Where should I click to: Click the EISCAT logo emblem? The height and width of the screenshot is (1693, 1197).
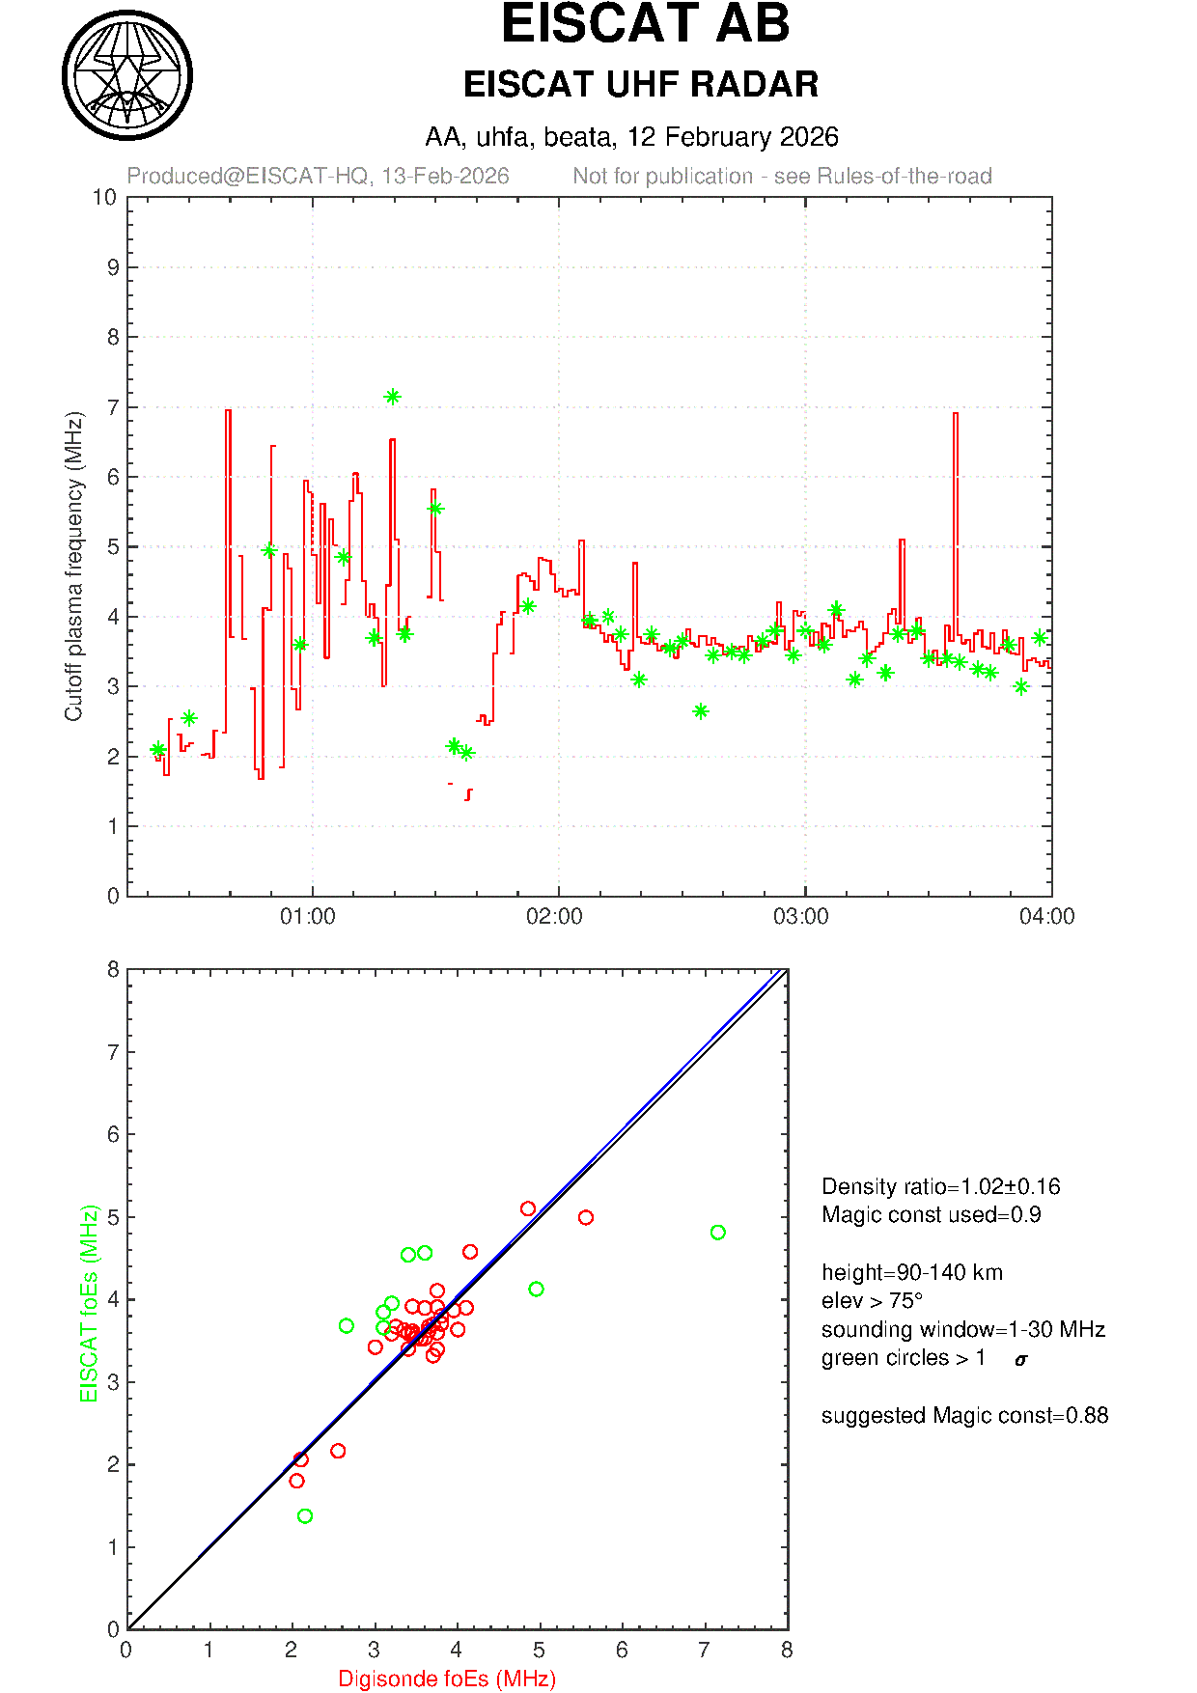coord(127,75)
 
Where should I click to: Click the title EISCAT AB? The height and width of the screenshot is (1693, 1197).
coord(645,25)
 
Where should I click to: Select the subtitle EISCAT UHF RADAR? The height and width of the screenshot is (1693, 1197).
coord(641,85)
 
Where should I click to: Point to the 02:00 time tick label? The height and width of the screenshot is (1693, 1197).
coord(554,917)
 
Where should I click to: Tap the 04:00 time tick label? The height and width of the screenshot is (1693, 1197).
coord(1046,917)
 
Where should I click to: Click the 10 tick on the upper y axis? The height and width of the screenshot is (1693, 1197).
coord(105,198)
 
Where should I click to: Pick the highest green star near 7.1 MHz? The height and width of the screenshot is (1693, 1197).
coord(392,397)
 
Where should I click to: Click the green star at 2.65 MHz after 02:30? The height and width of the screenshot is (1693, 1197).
coord(701,711)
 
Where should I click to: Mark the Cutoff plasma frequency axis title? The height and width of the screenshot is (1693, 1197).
coord(74,567)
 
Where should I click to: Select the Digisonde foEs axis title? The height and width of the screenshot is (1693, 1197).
coord(447,1679)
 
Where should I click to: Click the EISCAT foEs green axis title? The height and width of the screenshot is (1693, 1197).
coord(90,1303)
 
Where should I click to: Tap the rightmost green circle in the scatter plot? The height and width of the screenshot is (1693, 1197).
coord(717,1233)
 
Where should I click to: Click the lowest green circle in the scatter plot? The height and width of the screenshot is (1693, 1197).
coord(305,1516)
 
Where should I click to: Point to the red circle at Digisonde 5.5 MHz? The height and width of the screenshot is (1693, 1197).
coord(585,1218)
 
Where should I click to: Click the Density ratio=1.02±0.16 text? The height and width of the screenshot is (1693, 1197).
coord(940,1186)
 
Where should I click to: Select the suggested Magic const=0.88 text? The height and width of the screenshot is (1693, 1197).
coord(964,1416)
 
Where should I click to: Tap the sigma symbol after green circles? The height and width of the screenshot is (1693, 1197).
coord(1021,1360)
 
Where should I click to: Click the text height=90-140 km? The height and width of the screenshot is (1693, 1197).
coord(911,1272)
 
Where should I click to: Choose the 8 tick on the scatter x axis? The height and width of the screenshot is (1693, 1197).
coord(787,1651)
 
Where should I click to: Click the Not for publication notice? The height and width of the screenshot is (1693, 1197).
coord(782,177)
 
